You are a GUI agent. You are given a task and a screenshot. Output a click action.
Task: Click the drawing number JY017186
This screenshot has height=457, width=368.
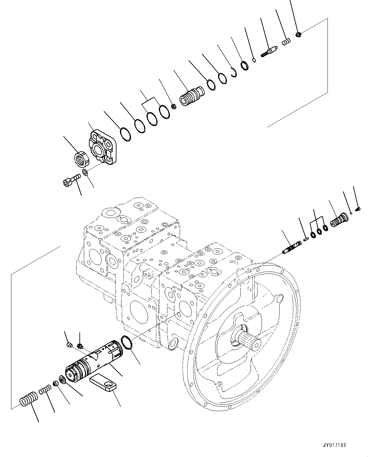pos(334,445)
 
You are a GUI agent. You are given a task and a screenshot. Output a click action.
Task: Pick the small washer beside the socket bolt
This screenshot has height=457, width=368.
pos(85,172)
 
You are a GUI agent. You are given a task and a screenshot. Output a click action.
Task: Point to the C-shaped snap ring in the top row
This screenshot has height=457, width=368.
pos(234,73)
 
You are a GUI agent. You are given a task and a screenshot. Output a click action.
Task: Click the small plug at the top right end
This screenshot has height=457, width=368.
pos(298,34)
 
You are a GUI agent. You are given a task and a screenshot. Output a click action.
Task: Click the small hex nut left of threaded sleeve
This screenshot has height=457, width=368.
pos(173,106)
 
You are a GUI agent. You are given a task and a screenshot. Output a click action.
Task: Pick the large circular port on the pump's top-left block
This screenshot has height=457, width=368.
pos(110,213)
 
